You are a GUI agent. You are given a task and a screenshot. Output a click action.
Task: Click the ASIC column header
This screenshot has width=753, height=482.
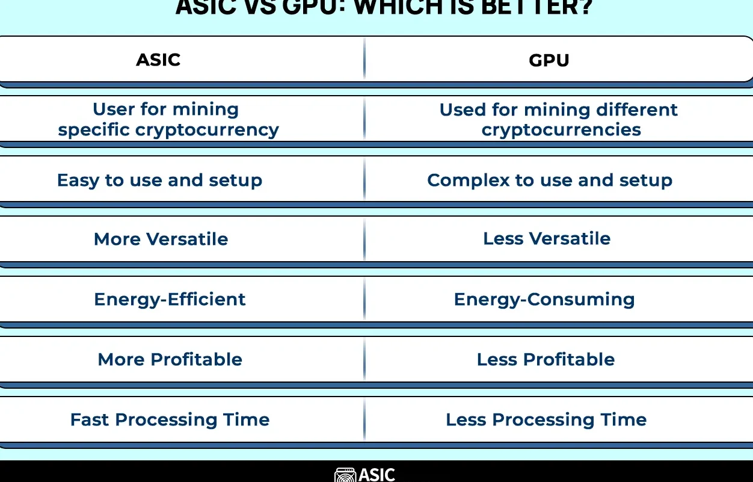pyautogui.click(x=158, y=60)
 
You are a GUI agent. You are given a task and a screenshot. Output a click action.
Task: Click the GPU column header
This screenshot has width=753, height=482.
pyautogui.click(x=549, y=60)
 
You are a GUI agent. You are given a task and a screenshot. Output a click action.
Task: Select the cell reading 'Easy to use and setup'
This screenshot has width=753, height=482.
pyautogui.click(x=159, y=180)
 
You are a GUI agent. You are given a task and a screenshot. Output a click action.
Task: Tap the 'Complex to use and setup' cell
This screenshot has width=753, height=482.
pyautogui.click(x=549, y=180)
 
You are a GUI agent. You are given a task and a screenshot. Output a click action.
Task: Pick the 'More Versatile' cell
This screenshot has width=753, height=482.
pyautogui.click(x=161, y=239)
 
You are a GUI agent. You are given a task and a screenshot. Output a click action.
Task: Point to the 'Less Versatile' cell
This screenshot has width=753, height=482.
pyautogui.click(x=546, y=238)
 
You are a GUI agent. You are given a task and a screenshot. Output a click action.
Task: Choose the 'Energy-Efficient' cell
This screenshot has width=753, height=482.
pyautogui.click(x=170, y=299)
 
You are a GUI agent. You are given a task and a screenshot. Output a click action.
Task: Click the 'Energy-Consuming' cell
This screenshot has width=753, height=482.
pyautogui.click(x=544, y=299)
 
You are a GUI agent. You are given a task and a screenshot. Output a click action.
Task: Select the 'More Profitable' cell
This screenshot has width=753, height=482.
pyautogui.click(x=170, y=359)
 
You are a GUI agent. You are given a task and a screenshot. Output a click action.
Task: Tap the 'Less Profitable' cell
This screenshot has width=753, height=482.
pyautogui.click(x=546, y=359)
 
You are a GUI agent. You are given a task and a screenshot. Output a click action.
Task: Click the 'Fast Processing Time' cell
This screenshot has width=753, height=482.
pyautogui.click(x=170, y=419)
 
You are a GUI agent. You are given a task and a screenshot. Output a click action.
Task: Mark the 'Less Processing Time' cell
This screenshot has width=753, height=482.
pyautogui.click(x=546, y=419)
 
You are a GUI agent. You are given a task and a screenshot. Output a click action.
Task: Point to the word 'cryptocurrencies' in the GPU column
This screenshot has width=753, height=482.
pyautogui.click(x=561, y=130)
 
